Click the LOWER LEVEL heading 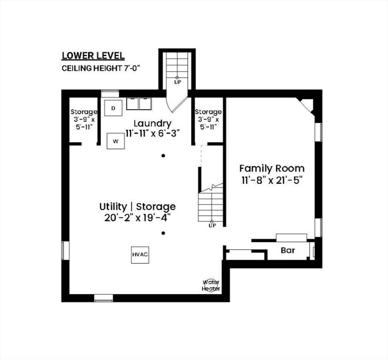[x=93, y=56]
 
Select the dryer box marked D [x=114, y=108]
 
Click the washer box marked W [x=115, y=141]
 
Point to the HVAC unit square [x=140, y=255]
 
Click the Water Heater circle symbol [x=211, y=286]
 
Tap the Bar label [x=288, y=250]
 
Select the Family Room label [x=272, y=168]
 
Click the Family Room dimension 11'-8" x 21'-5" [x=273, y=180]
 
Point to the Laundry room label [x=152, y=123]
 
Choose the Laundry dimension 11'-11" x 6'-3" [x=152, y=134]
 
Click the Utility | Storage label [x=137, y=206]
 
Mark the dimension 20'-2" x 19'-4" [x=137, y=218]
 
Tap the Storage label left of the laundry [x=84, y=112]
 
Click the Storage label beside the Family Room [x=208, y=112]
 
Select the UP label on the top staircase [x=178, y=82]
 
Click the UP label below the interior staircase [x=212, y=225]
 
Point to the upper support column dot [x=163, y=156]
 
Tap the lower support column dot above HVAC [x=163, y=233]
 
